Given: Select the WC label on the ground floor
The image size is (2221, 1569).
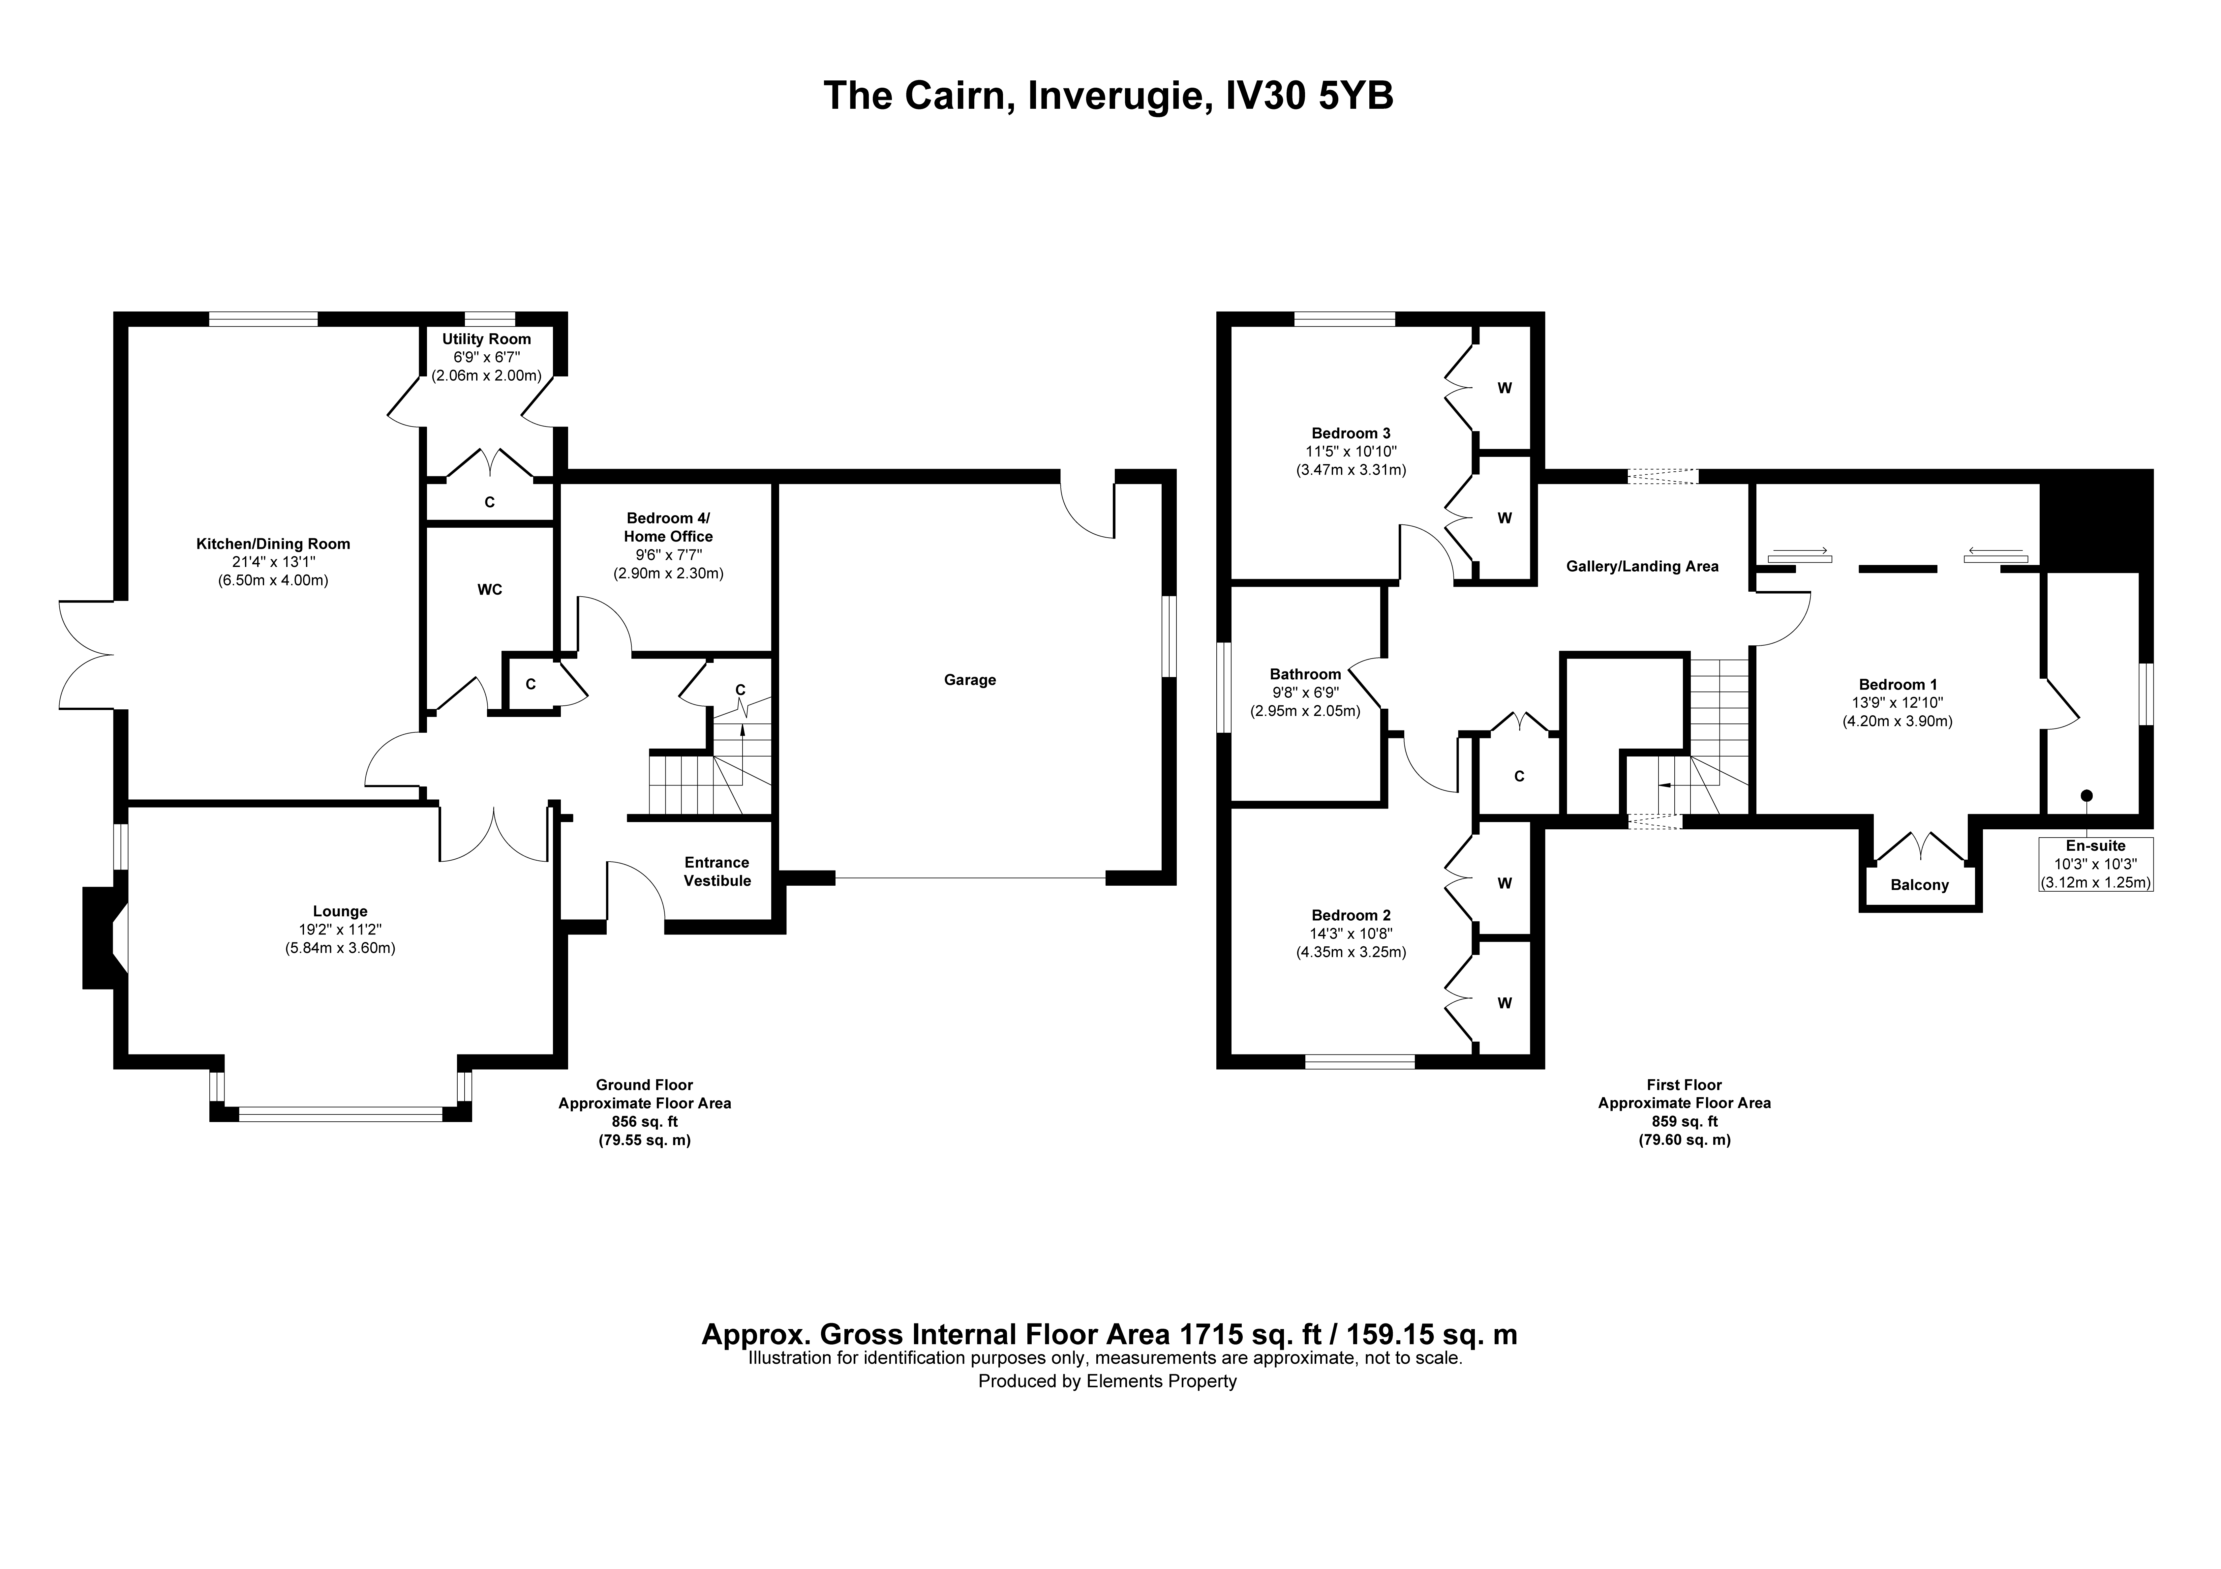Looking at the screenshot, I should click(490, 589).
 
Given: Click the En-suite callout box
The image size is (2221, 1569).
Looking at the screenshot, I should click(2095, 864).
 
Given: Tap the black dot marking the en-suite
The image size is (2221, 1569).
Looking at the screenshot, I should click(2086, 795).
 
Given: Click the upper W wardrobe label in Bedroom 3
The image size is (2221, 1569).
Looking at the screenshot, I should click(1504, 388).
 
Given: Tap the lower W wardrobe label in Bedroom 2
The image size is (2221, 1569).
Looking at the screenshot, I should click(1504, 1003).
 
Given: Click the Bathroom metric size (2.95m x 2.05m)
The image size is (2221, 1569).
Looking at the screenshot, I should click(1305, 711).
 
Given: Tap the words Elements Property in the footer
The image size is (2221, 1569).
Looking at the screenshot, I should click(1161, 1381).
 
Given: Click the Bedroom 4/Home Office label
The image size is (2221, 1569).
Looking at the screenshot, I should click(668, 527).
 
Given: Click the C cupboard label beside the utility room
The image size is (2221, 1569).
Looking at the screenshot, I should click(490, 502).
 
